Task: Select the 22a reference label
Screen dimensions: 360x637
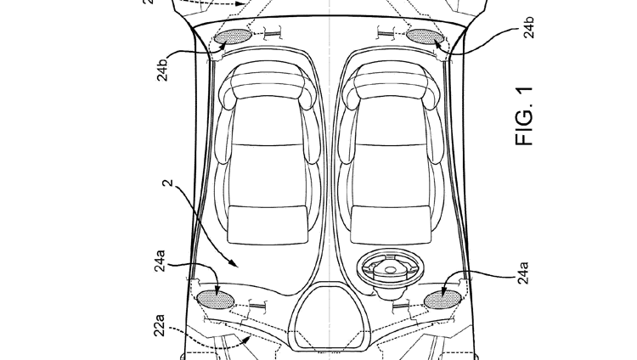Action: pyautogui.click(x=161, y=326)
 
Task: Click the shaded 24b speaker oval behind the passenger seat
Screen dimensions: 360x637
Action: pyautogui.click(x=231, y=37)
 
